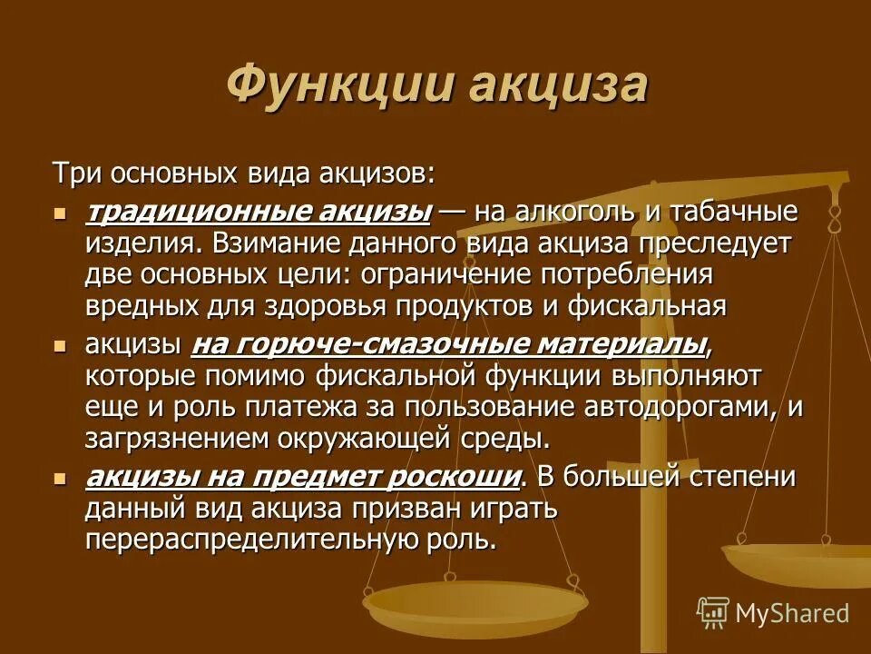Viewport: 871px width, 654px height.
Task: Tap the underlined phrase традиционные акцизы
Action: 258,213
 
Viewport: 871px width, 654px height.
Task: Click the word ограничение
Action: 460,274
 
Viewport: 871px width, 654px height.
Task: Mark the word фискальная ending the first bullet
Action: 647,305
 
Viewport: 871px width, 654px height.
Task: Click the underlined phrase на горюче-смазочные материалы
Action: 449,345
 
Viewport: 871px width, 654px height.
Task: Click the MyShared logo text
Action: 792,613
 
